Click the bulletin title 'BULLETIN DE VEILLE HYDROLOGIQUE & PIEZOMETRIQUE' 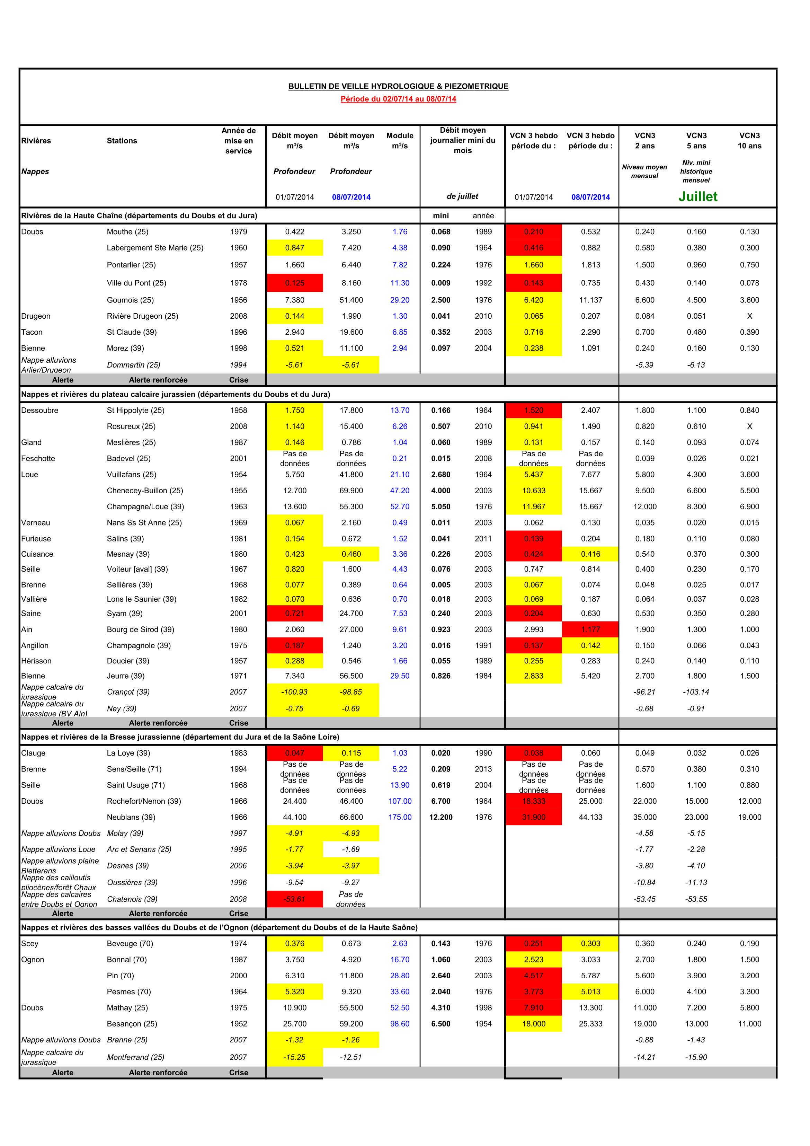(398, 86)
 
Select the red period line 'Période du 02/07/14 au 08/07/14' (398, 99)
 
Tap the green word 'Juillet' (697, 197)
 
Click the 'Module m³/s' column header (399, 141)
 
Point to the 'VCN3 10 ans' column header (749, 141)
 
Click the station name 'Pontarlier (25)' (131, 265)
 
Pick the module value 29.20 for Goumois (399, 300)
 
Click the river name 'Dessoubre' (40, 410)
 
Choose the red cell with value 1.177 (590, 629)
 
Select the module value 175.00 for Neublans (399, 817)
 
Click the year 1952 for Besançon (239, 1024)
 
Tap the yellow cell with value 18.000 (534, 1024)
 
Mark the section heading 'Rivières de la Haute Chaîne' (139, 215)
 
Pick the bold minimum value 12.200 (441, 817)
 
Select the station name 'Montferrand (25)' (135, 1057)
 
